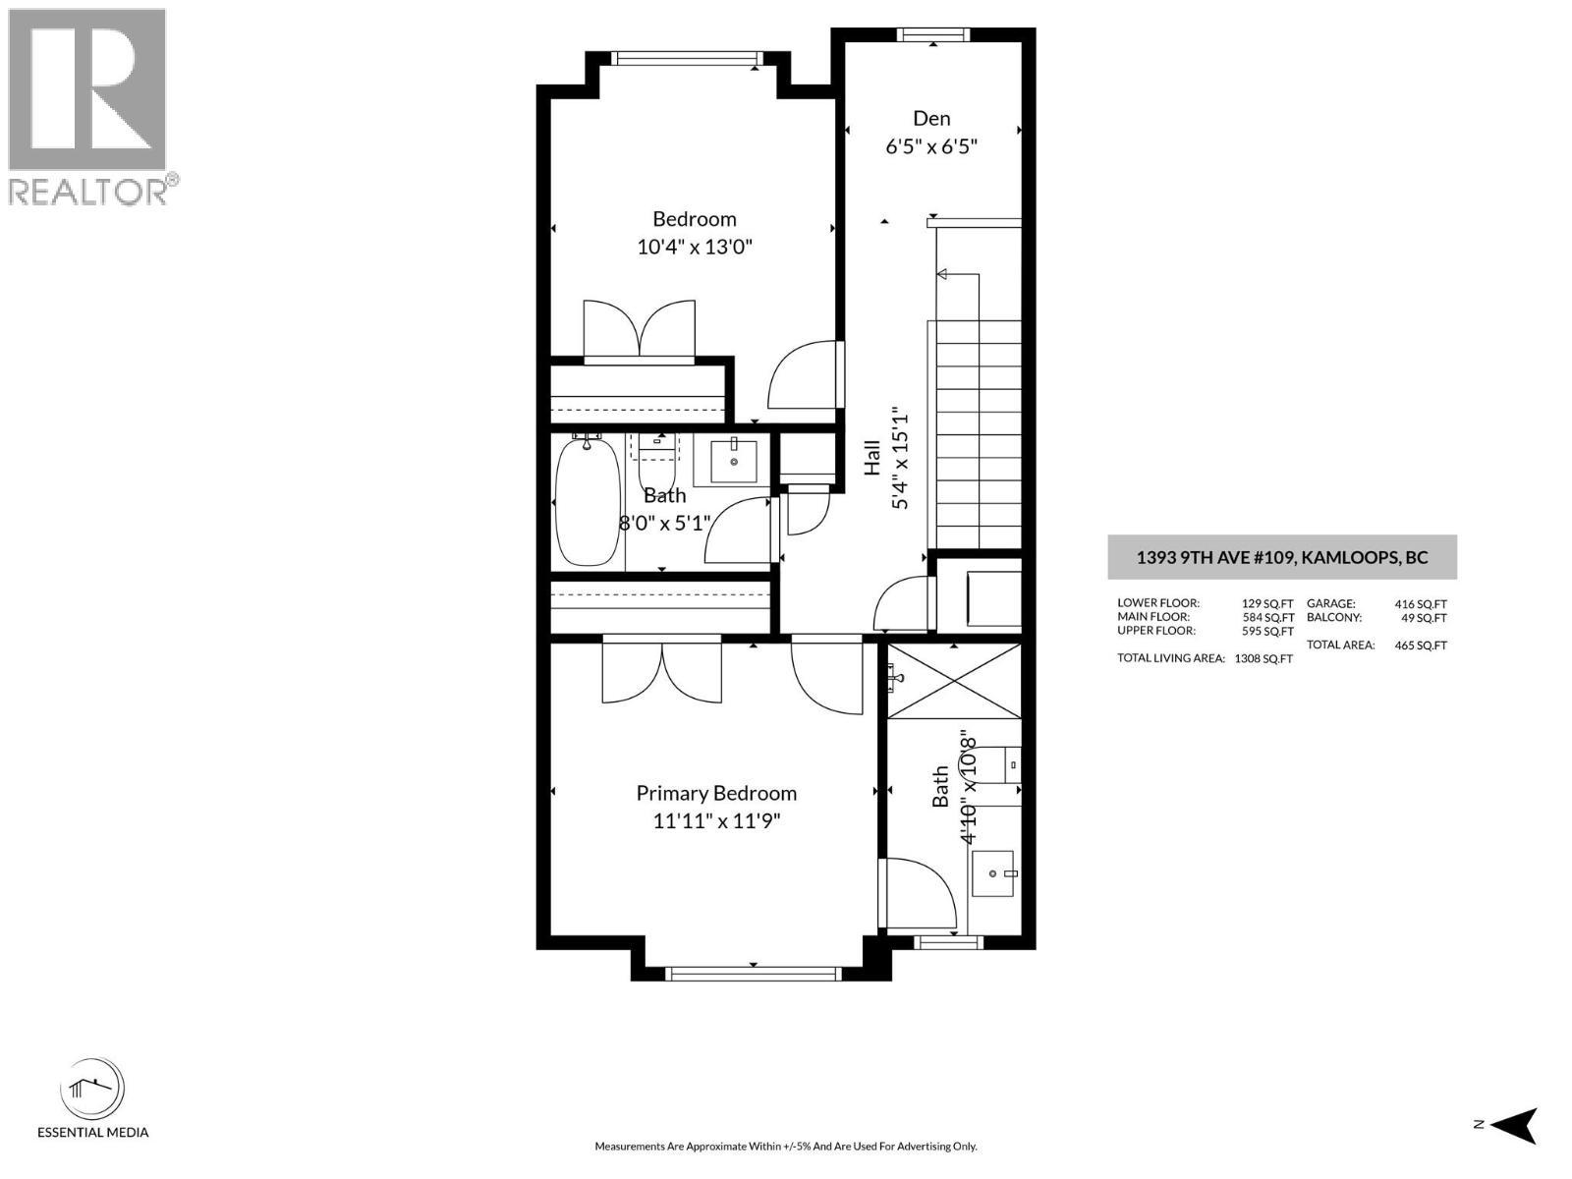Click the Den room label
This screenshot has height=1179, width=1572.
(x=931, y=118)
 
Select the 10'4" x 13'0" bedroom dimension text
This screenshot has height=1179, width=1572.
(x=695, y=247)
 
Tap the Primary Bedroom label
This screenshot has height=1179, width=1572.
(x=716, y=793)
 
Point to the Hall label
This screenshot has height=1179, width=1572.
(x=871, y=458)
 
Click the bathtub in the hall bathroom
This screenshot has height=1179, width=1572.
(x=588, y=502)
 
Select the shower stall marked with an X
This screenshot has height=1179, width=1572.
(x=954, y=680)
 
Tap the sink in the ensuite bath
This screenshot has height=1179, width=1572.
(x=992, y=874)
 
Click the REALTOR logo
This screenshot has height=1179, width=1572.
(x=90, y=107)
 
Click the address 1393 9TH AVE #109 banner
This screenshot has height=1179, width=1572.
(x=1282, y=558)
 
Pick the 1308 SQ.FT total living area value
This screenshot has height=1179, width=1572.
(x=1263, y=658)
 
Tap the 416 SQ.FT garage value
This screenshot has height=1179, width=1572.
(x=1421, y=604)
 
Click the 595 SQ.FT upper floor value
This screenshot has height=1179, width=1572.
(x=1268, y=632)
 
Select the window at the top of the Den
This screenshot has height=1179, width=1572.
(x=933, y=34)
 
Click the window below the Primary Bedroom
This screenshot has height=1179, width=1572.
(x=753, y=973)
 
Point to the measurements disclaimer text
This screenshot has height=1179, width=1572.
(x=786, y=1146)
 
